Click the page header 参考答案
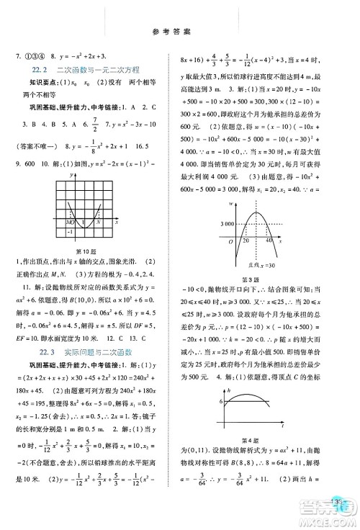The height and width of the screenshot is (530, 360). (180, 33)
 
